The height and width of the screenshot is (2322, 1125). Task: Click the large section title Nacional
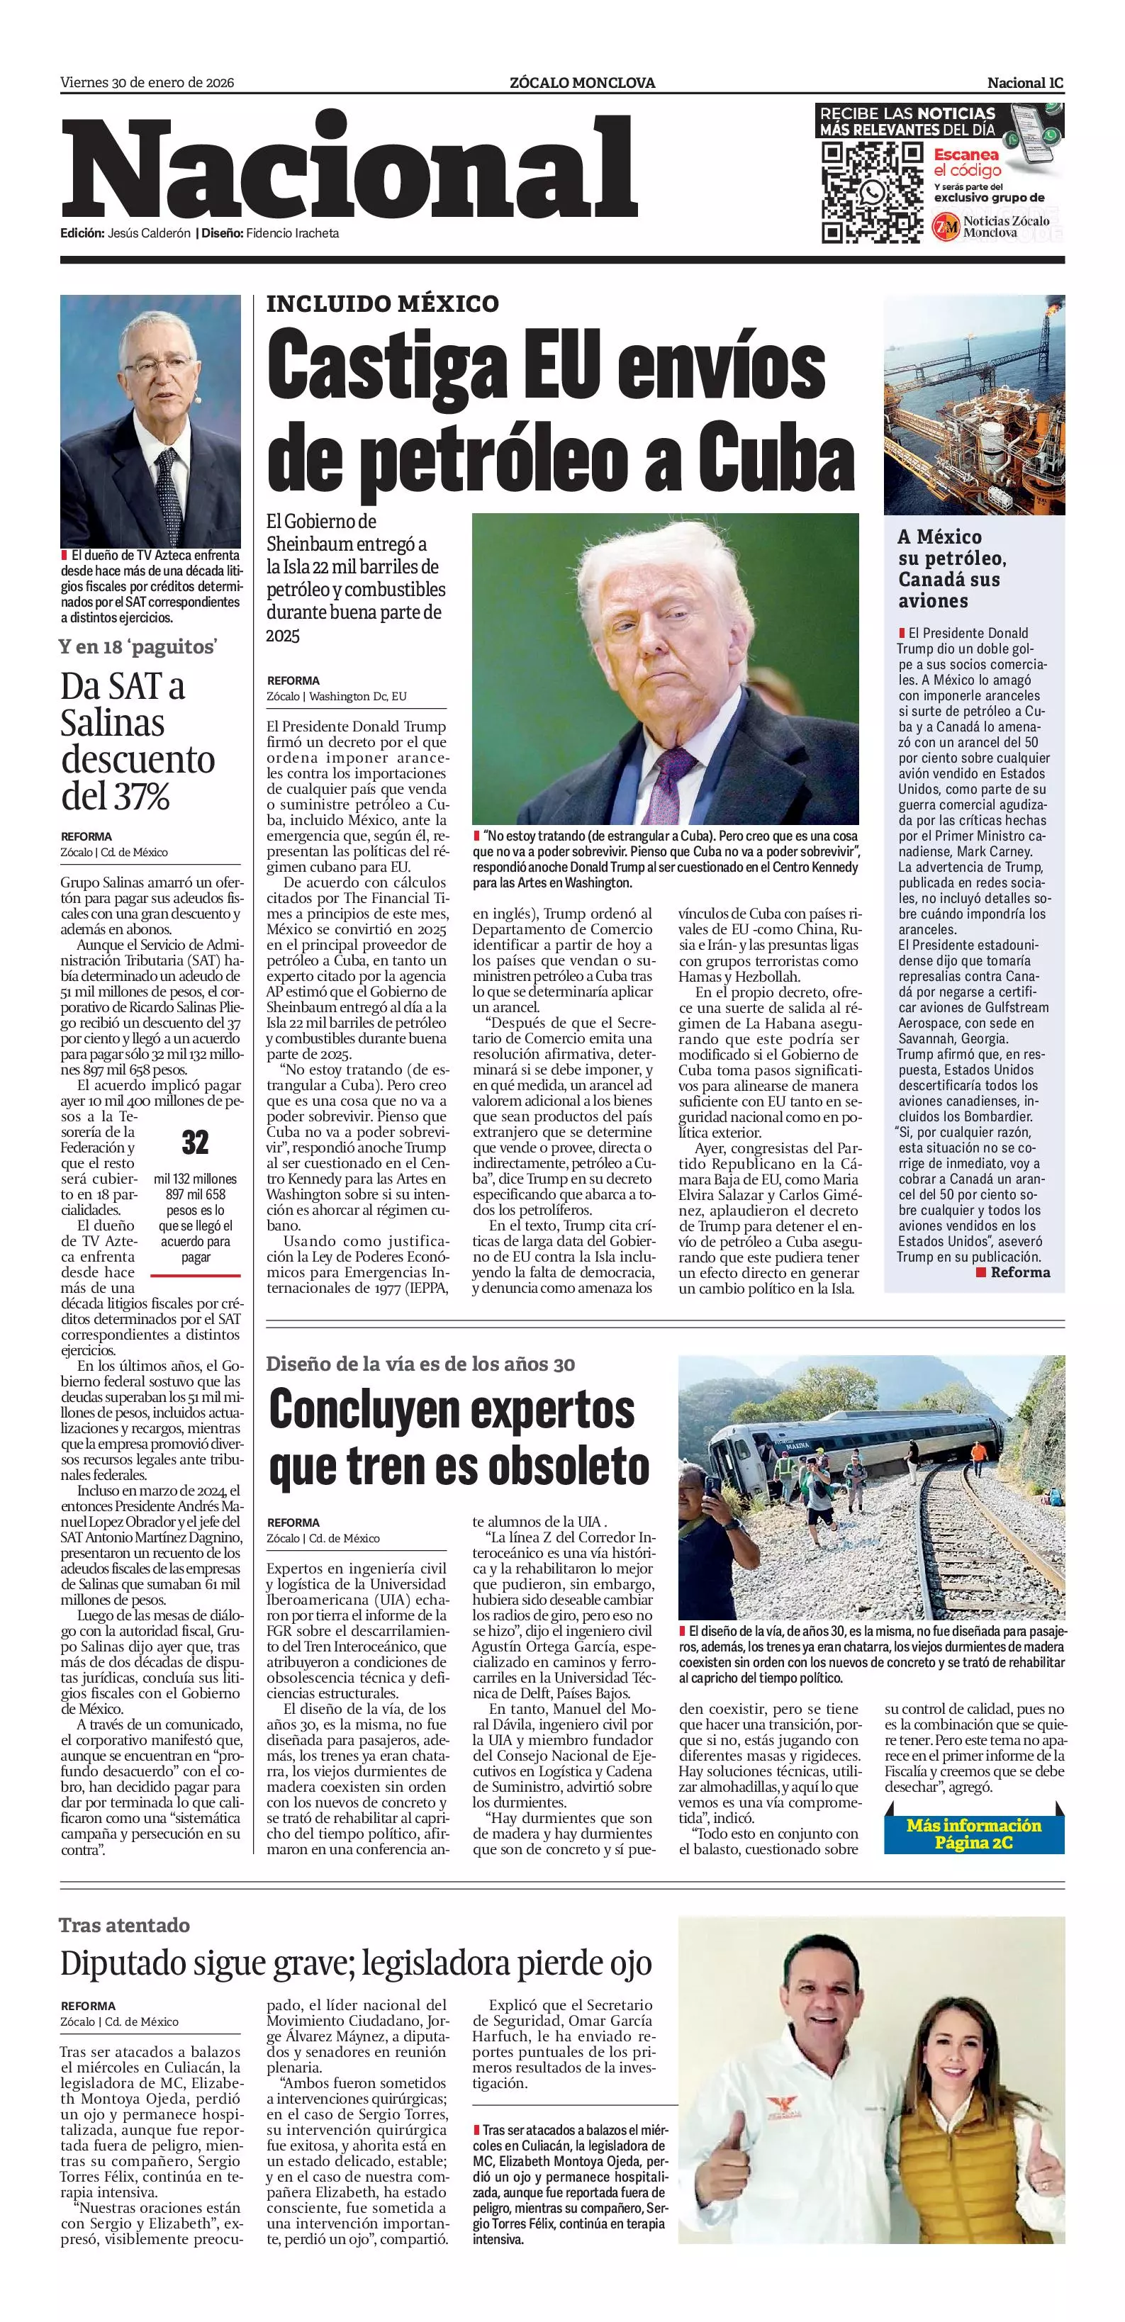(349, 170)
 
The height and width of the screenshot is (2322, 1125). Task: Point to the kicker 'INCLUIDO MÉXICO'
(382, 304)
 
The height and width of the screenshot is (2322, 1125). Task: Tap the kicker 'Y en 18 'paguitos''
(138, 646)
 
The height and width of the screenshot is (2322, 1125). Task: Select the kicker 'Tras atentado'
(124, 1925)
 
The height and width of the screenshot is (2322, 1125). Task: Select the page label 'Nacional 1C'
(1025, 83)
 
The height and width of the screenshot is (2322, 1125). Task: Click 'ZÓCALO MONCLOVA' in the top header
(582, 83)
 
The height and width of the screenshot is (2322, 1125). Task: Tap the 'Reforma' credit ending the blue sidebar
(1019, 1272)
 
